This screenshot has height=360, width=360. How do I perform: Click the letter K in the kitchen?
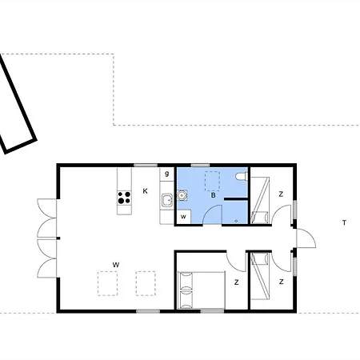pyautogui.click(x=146, y=191)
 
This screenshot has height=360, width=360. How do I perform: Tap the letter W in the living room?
pyautogui.click(x=116, y=265)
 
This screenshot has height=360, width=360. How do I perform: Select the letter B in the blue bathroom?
pyautogui.click(x=213, y=195)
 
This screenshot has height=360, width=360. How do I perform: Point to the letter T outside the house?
pyautogui.click(x=344, y=222)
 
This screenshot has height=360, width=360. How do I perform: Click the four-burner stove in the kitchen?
pyautogui.click(x=124, y=198)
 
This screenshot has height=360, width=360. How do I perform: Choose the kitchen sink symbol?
pyautogui.click(x=167, y=201)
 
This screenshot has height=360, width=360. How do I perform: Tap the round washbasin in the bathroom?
pyautogui.click(x=182, y=195)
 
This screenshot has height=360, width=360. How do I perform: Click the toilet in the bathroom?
pyautogui.click(x=242, y=177)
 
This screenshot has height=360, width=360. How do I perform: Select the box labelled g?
pyautogui.click(x=167, y=174)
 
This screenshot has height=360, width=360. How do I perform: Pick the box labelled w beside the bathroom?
pyautogui.click(x=184, y=217)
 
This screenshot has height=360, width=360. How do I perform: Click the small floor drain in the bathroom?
pyautogui.click(x=236, y=221)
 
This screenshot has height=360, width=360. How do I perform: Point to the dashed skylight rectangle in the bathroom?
pyautogui.click(x=212, y=182)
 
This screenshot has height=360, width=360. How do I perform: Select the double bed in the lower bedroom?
pyautogui.click(x=202, y=290)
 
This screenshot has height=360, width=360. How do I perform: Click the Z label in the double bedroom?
pyautogui.click(x=236, y=282)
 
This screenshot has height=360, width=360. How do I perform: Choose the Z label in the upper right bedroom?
pyautogui.click(x=281, y=194)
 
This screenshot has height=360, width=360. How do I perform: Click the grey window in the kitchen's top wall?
pyautogui.click(x=146, y=166)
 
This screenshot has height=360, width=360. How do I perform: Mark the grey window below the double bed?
pyautogui.click(x=213, y=311)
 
